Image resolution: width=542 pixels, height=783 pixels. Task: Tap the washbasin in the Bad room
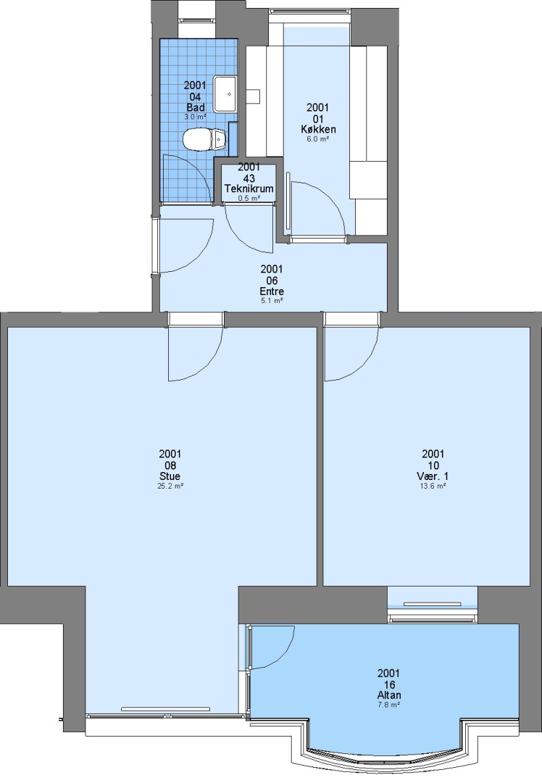[x=225, y=94]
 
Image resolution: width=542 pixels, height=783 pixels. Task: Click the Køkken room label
[x=318, y=129]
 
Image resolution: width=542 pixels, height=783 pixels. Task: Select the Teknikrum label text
[x=249, y=188]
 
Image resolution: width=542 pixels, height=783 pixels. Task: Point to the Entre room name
[x=272, y=291]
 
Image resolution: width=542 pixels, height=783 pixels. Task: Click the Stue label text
[x=170, y=476]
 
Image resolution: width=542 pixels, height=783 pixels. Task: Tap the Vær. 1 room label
[x=433, y=476]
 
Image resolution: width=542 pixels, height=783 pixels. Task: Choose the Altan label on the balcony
[x=389, y=695]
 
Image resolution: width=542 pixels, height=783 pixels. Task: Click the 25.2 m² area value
[x=170, y=486]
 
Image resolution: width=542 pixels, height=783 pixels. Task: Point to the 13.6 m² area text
[x=433, y=486]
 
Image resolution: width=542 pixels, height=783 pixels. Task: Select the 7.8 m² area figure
[x=389, y=705]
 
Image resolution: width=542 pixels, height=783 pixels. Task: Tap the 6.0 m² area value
[x=318, y=139]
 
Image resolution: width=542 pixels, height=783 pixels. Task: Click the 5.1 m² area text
[x=272, y=301]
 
